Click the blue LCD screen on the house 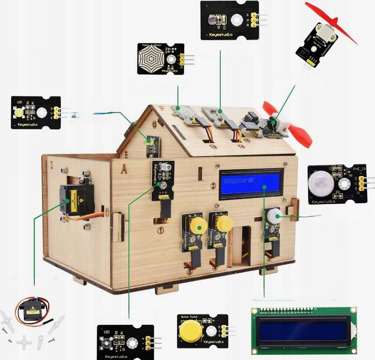251,184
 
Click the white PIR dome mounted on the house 274,215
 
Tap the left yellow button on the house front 198,225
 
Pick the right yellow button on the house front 223,223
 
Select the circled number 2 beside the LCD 213,186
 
